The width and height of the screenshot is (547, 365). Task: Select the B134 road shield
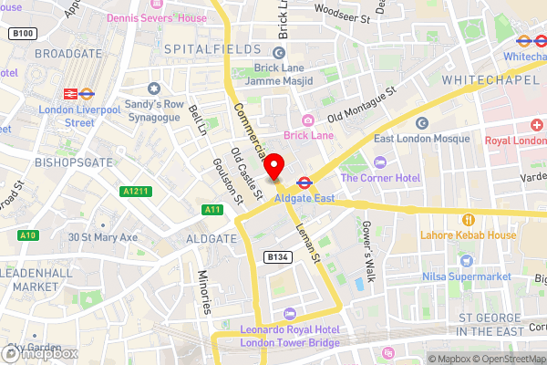coord(279,258)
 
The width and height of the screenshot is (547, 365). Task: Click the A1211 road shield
coord(135,191)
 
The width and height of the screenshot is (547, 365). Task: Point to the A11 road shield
coord(212,210)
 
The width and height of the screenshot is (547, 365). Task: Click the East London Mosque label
coord(421,138)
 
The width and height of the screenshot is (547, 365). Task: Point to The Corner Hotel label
coord(381,178)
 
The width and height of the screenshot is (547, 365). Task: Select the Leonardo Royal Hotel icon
coord(290,314)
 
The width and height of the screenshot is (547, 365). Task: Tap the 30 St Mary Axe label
coord(102,237)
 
